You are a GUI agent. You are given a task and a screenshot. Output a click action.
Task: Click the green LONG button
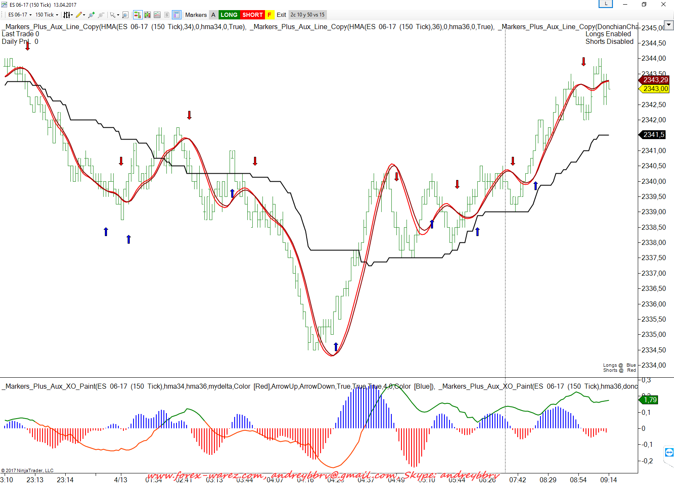229,15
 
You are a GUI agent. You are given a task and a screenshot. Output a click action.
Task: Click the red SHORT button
252,15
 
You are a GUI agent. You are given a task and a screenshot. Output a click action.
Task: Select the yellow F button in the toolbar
270,15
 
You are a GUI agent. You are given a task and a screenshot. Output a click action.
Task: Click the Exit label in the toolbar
281,15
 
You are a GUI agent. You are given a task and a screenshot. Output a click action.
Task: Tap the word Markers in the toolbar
196,15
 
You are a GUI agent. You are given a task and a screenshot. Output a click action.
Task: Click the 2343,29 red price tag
655,80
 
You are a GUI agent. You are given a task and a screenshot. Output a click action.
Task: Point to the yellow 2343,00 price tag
655,89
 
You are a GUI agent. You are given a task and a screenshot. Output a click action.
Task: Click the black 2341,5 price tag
653,134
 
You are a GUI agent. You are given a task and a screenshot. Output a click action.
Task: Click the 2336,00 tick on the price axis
653,304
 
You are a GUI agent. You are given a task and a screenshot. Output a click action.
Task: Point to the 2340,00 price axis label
653,181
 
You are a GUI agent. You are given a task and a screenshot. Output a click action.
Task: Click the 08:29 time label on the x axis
548,480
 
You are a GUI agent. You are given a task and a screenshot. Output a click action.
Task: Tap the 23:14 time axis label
65,480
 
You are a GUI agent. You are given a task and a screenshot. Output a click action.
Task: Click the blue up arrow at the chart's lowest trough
336,347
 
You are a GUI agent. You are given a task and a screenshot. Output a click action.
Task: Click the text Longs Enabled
608,34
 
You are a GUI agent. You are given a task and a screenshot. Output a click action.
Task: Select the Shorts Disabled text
609,42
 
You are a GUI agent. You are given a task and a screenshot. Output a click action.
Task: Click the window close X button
663,5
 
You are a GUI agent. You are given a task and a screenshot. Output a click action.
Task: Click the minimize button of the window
625,5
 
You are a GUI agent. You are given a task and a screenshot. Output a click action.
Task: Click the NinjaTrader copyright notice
27,470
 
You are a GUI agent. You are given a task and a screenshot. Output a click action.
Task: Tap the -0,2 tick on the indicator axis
647,461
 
